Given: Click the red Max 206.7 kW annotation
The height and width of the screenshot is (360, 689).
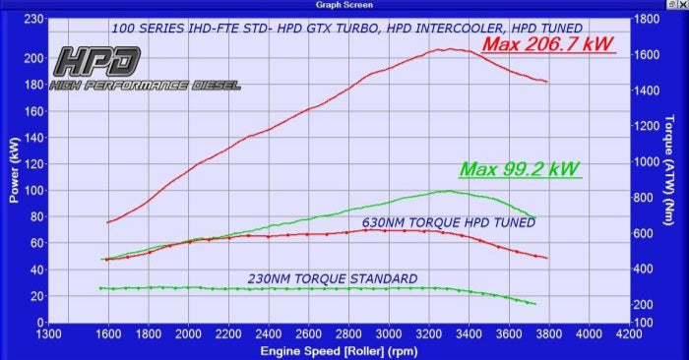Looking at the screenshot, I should (548, 45).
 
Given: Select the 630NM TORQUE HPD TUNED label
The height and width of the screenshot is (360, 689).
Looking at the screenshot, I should (449, 222).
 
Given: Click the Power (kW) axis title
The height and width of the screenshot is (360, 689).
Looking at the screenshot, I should (14, 169).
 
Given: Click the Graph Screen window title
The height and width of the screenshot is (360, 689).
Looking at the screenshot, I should (344, 5).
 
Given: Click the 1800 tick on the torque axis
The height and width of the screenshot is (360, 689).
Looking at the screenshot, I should (647, 19).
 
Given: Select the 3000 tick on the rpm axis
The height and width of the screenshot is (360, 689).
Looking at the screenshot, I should (390, 334).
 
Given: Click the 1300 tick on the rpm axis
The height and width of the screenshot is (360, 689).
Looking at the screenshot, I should (47, 334).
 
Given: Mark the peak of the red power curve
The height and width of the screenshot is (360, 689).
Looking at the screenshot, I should (451, 48).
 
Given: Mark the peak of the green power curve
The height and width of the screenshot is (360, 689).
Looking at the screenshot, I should (448, 191).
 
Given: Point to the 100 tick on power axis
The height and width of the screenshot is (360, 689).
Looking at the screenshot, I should (31, 190).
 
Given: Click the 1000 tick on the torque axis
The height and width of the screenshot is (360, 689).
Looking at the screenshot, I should (647, 162).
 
